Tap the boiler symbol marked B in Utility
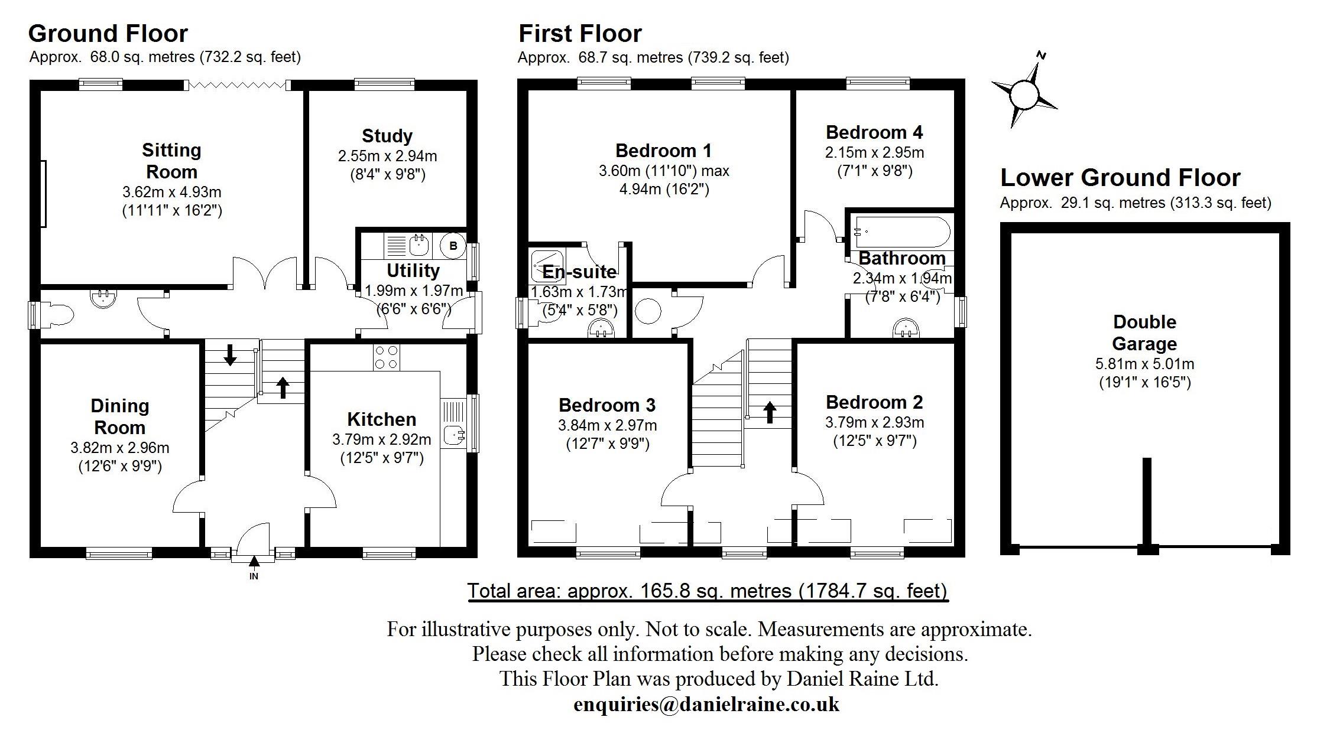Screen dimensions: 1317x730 pyautogui.click(x=453, y=246)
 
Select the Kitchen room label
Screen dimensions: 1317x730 pyautogui.click(x=381, y=419)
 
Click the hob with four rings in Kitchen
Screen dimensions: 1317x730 pyautogui.click(x=386, y=357)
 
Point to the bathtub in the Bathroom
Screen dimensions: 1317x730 pyautogui.click(x=902, y=232)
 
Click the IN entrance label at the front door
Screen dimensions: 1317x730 pyautogui.click(x=254, y=576)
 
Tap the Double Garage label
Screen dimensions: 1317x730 pyautogui.click(x=1144, y=333)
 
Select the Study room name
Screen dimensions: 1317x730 pyautogui.click(x=387, y=136)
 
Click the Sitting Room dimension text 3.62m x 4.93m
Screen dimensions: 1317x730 pyautogui.click(x=171, y=192)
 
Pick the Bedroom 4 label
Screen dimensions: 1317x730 pyautogui.click(x=874, y=132)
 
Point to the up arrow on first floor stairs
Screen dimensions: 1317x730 pyautogui.click(x=769, y=412)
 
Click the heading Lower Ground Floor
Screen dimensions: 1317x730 pyautogui.click(x=1120, y=177)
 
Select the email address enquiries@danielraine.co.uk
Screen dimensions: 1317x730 pyautogui.click(x=706, y=704)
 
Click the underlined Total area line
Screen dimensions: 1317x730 pyautogui.click(x=708, y=591)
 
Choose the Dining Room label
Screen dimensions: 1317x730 pyautogui.click(x=120, y=416)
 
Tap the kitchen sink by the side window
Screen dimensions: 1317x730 pyautogui.click(x=454, y=435)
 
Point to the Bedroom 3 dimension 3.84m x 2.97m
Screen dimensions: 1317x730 pyautogui.click(x=607, y=425)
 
